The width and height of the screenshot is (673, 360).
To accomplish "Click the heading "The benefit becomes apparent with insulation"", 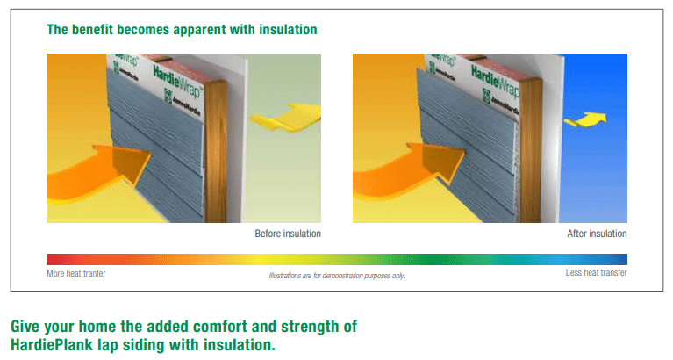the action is point(182,30).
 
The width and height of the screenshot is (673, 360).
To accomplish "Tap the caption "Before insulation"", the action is point(288,234).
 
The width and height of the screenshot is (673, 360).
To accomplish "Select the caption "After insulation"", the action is point(597,234).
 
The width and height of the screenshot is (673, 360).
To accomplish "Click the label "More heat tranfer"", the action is point(76,273).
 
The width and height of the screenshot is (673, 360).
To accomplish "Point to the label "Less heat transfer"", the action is point(596,272).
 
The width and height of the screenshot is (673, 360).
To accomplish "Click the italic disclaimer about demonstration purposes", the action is point(337,276).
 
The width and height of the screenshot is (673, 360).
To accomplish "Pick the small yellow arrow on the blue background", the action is point(585,119).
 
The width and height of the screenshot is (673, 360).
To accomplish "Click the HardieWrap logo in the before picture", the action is point(177,81).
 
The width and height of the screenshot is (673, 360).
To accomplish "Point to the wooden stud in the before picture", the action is point(216,151).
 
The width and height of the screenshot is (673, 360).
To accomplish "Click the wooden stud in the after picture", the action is point(531,151).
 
